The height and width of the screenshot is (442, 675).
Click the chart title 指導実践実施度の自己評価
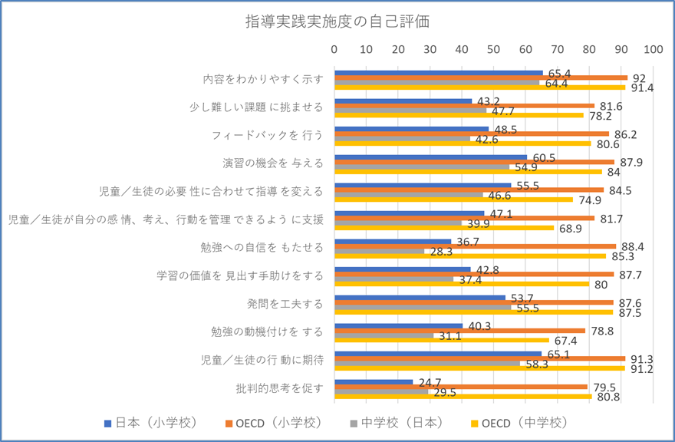coord(337,21)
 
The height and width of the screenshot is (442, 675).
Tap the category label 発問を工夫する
coord(291,303)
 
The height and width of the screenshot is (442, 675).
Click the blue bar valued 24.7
coord(374,381)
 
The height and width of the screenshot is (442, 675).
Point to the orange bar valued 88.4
coord(476,246)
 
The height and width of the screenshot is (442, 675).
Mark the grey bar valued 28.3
coord(380,251)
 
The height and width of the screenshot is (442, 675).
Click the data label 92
coord(638,78)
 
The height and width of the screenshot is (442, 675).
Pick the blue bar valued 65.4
coord(439,73)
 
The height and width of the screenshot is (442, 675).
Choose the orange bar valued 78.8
coord(460,330)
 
